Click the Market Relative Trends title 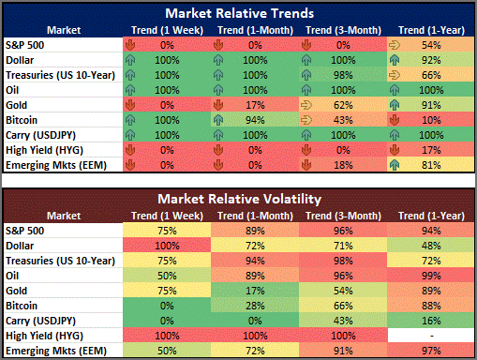tap(240, 13)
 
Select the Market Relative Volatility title tap(240, 199)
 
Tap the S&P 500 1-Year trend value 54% tap(431, 45)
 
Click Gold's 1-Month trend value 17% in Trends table tap(255, 105)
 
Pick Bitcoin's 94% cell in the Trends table tap(255, 120)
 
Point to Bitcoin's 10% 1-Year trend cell tap(431, 120)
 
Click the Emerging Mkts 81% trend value tap(431, 165)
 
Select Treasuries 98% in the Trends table tap(343, 75)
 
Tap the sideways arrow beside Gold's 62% tap(306, 105)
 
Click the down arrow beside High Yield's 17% tap(395, 150)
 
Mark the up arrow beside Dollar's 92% tap(395, 60)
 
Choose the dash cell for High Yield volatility tap(431, 336)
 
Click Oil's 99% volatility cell tap(431, 276)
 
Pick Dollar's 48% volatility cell tap(431, 246)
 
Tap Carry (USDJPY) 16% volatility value tap(431, 321)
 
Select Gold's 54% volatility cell tap(343, 291)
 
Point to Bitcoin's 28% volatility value tap(255, 306)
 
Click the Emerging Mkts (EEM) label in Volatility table tap(56, 351)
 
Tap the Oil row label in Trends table tap(12, 90)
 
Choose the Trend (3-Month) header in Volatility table tap(343, 216)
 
